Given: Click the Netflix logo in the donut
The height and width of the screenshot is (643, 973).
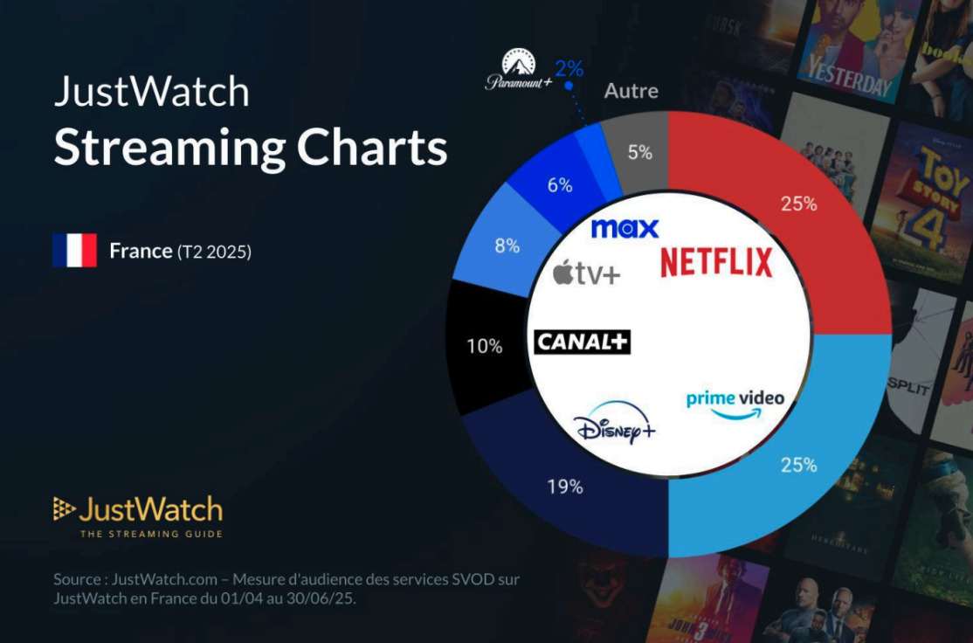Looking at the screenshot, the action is click(716, 262).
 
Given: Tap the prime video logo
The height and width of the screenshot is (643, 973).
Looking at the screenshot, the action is click(735, 404).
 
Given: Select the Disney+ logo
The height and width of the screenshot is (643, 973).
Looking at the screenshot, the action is click(614, 424).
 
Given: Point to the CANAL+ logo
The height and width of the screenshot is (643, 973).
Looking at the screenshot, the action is click(582, 342).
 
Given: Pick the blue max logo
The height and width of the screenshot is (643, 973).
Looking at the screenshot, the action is click(625, 228).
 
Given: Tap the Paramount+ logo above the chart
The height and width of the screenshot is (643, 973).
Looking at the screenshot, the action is click(519, 70).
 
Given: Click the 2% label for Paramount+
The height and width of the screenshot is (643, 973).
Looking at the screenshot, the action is click(569, 68).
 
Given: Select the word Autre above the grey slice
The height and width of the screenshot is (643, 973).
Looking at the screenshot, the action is click(631, 91).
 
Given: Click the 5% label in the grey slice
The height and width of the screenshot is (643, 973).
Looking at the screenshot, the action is click(639, 152).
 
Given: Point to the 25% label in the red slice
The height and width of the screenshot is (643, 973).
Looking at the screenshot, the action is click(798, 204).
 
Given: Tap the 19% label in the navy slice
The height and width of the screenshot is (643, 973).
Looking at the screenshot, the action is click(565, 487).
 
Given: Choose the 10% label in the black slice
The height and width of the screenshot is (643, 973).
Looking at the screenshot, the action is click(485, 346).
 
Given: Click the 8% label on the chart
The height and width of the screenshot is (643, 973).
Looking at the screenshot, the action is click(507, 245).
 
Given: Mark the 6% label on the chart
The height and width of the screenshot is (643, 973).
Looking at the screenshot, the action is click(560, 185).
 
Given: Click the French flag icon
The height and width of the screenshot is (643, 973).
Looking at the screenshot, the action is click(74, 250).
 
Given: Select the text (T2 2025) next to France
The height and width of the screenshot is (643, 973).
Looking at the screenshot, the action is click(214, 252).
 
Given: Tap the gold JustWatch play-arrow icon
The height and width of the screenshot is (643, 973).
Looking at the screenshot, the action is click(63, 508).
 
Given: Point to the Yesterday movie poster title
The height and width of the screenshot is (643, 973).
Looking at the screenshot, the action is click(848, 79).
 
